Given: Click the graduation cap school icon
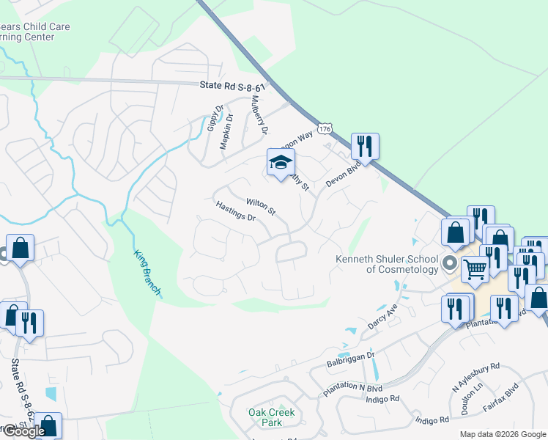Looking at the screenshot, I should coord(280,164).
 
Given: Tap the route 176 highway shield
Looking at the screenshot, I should coord(326,129).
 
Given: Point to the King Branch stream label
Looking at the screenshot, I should coord(147,274).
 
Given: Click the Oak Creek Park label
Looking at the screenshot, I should coord(271,417).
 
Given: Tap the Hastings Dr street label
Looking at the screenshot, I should coord(235,213).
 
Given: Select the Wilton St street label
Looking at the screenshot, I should coord(261,207).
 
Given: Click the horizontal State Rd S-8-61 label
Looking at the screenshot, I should coord(232,86).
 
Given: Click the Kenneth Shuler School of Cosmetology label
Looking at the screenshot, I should coord(387,264).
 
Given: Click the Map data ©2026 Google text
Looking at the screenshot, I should coord(502,434).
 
